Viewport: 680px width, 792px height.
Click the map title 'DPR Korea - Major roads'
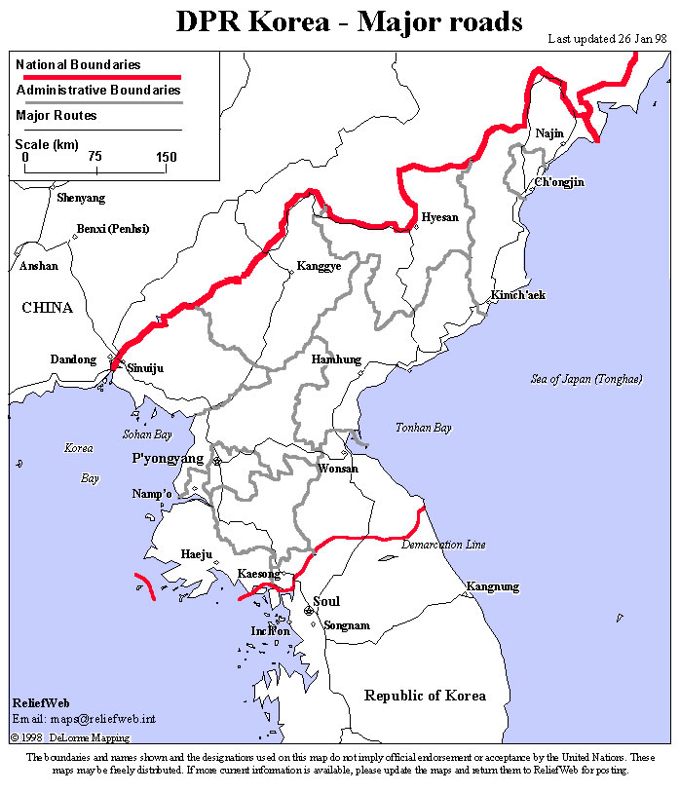[349, 21]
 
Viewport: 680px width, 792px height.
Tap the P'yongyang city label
[168, 458]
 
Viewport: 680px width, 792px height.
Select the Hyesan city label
[439, 217]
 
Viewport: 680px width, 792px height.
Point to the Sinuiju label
[145, 369]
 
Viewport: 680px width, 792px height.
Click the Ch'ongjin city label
[558, 182]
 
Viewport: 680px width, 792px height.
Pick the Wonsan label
[338, 469]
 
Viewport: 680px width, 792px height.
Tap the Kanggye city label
[319, 265]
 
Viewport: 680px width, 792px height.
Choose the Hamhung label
[336, 359]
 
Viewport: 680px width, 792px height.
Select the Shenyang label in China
[81, 198]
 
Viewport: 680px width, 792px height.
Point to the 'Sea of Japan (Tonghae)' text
[586, 379]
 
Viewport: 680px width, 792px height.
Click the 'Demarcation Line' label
[443, 545]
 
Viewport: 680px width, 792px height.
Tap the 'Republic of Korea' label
[425, 696]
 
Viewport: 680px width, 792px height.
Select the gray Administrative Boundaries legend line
[97, 102]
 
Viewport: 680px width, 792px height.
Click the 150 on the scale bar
[166, 157]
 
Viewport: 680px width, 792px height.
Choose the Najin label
[549, 133]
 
